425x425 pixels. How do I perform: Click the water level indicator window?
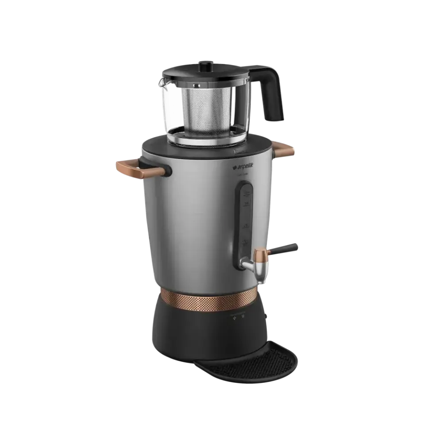[245, 217]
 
